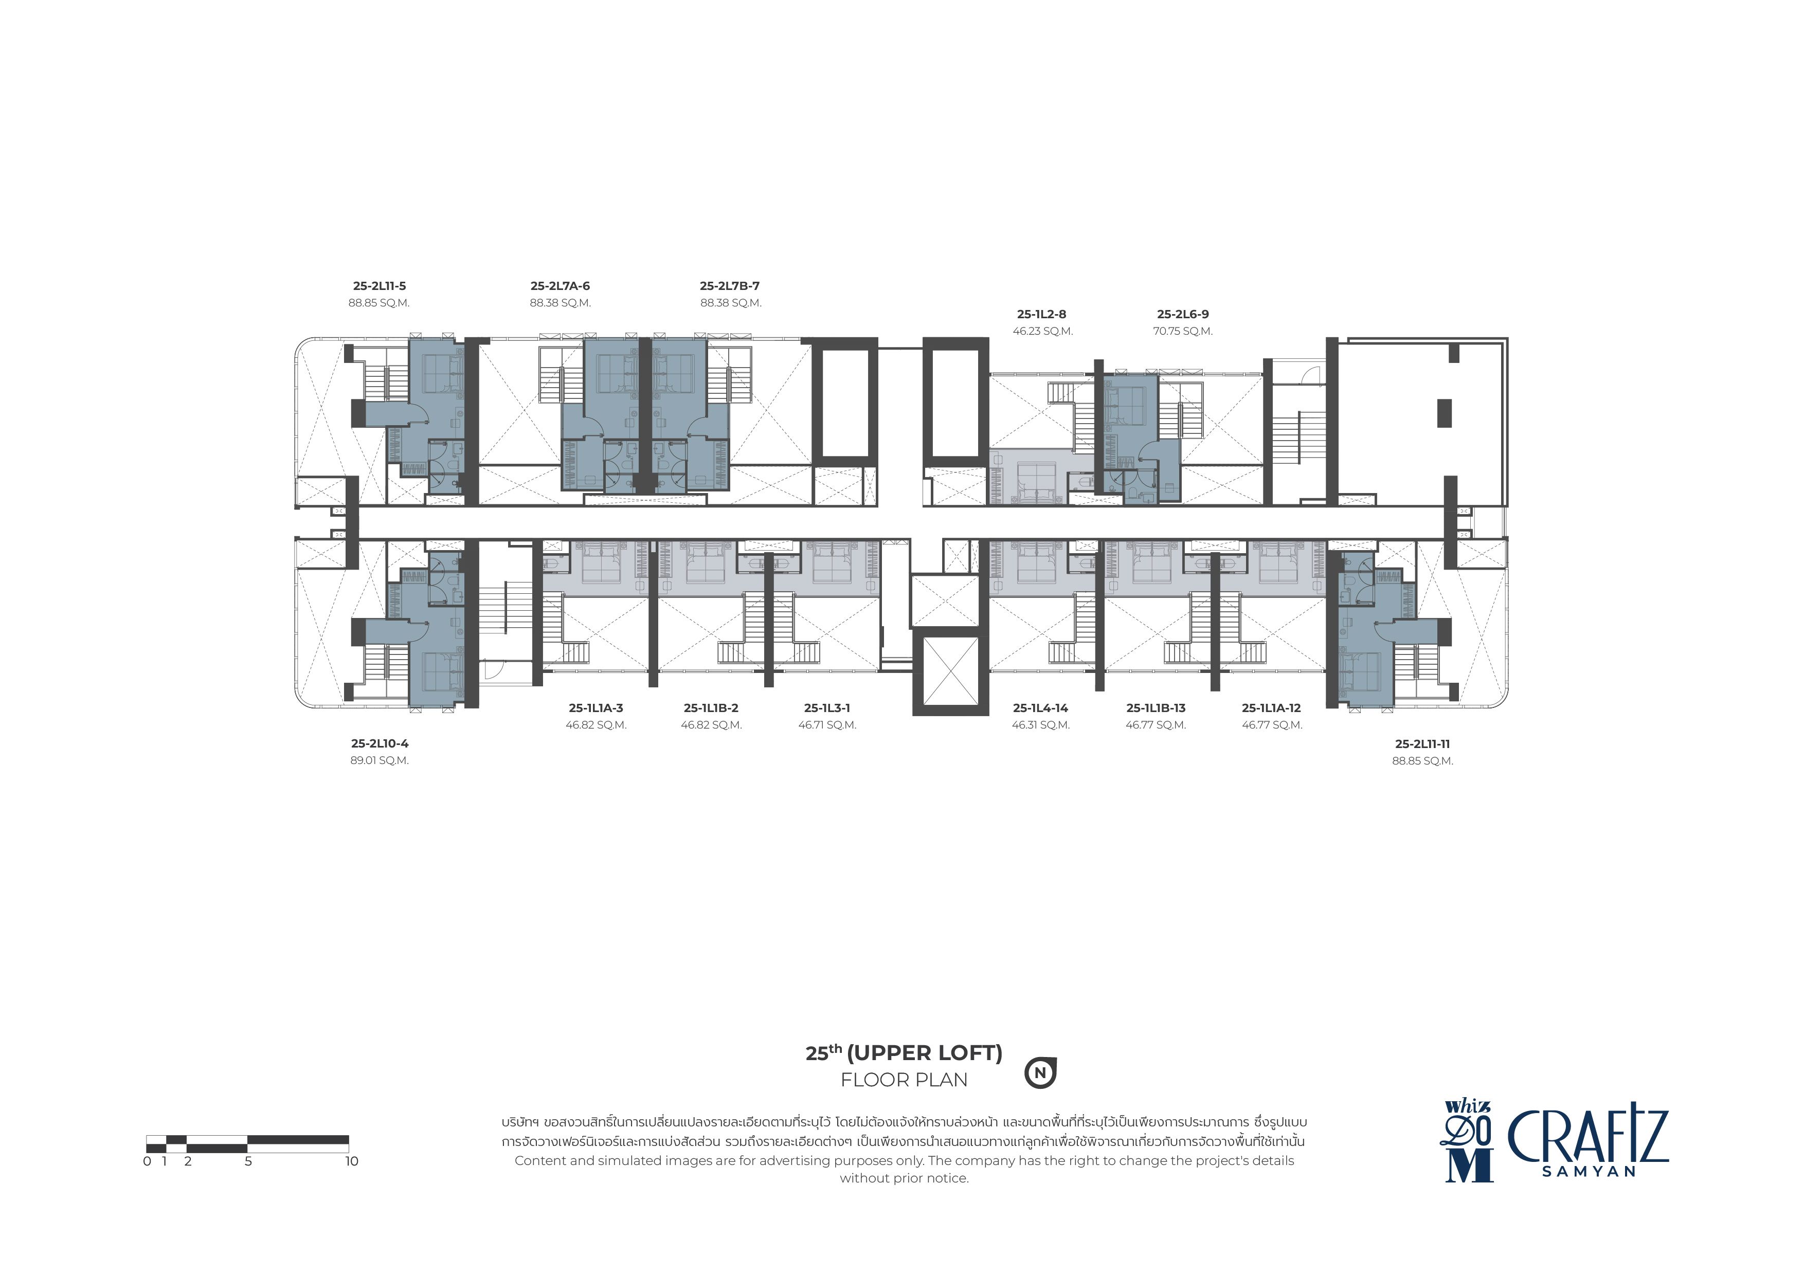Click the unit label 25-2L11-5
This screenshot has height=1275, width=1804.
(x=380, y=286)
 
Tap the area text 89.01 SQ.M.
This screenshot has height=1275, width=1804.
(x=380, y=760)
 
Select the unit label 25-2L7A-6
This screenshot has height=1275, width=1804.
(x=560, y=286)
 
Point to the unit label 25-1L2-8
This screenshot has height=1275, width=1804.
(x=1042, y=314)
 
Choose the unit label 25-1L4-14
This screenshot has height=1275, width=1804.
(x=1041, y=708)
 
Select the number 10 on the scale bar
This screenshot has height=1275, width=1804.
(x=351, y=1161)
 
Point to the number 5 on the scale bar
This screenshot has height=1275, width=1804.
(x=248, y=1161)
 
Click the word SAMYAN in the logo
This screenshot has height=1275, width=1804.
(x=1589, y=1171)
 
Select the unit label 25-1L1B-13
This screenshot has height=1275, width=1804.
(x=1156, y=708)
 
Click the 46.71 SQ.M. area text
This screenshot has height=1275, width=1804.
(x=827, y=725)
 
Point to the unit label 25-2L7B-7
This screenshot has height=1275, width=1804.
(x=730, y=286)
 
